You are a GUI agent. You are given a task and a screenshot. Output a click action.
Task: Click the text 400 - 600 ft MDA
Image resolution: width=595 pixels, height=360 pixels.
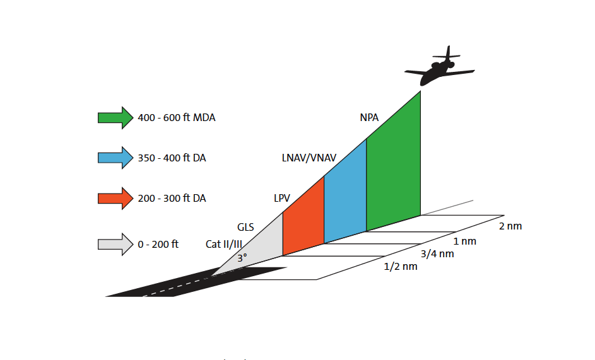coord(177,117)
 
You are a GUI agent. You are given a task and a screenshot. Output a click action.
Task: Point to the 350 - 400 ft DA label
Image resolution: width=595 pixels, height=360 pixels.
coord(172,158)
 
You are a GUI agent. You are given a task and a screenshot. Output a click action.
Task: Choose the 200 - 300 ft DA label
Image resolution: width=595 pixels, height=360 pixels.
coord(172,198)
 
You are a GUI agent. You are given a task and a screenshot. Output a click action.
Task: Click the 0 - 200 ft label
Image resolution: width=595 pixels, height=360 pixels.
coord(158,244)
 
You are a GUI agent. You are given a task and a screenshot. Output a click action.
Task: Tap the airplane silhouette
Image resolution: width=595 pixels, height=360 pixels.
coord(439,68)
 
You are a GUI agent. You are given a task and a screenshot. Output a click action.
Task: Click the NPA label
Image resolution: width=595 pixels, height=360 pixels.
coord(369,117)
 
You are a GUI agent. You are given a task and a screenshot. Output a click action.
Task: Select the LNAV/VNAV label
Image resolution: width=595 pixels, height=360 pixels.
coord(309,158)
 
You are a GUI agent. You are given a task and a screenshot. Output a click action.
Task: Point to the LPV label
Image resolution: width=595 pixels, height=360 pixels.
coord(282,198)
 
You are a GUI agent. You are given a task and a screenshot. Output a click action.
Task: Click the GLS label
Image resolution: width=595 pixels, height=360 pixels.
coord(245,227)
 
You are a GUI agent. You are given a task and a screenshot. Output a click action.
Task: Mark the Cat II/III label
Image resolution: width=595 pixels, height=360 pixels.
coord(224,244)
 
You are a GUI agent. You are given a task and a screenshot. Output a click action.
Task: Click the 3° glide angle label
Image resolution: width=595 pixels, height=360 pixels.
coord(242,258)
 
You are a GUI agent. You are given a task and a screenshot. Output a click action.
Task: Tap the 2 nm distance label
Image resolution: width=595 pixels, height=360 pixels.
coord(510,226)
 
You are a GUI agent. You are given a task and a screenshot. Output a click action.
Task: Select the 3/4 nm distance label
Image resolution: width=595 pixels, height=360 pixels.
coord(437,254)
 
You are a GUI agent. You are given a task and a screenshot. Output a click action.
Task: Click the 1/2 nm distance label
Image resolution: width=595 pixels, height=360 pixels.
coord(401,266)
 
